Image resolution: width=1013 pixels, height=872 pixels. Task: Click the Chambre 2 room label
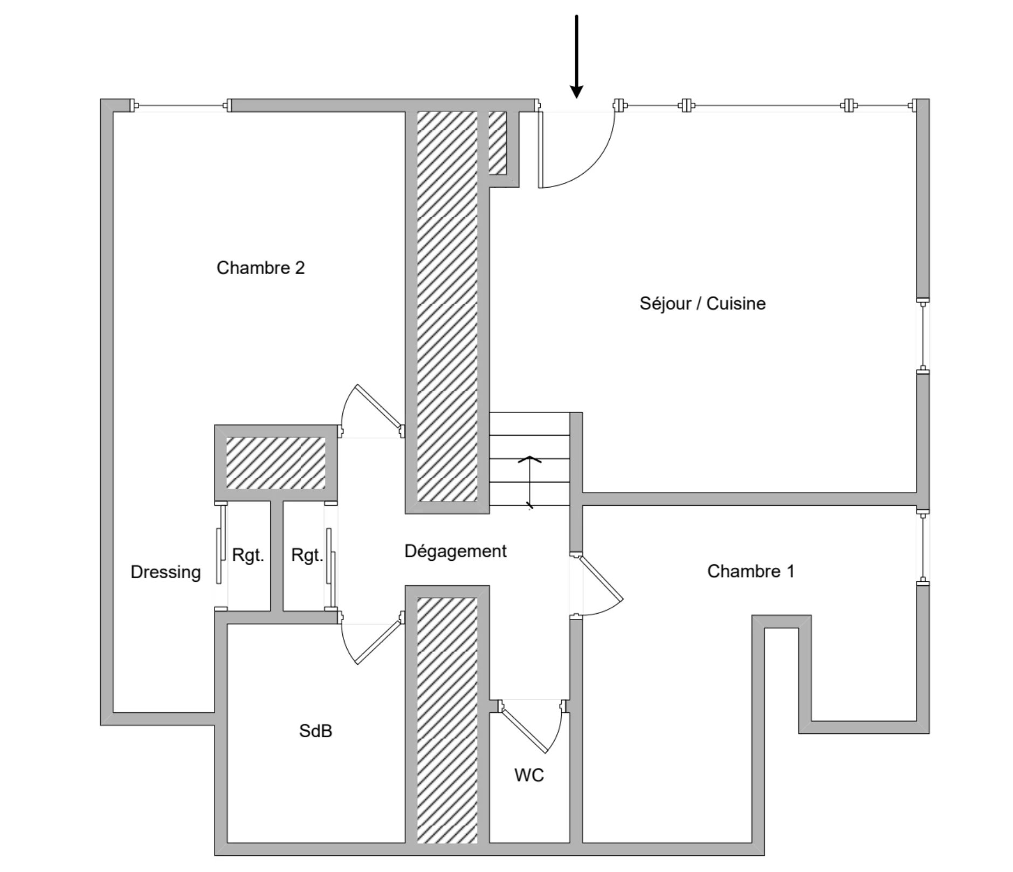(260, 267)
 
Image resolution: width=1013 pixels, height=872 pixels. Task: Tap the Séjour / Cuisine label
(702, 303)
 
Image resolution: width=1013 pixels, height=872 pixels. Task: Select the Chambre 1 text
(750, 571)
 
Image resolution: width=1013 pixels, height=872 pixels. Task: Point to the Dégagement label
(455, 551)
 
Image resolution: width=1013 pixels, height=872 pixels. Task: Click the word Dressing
(166, 572)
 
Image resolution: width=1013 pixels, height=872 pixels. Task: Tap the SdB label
(315, 731)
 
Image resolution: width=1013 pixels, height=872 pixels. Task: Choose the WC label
(529, 775)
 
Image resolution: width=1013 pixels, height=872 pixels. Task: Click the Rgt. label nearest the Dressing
(248, 555)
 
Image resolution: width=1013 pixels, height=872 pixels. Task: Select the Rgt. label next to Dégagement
(307, 555)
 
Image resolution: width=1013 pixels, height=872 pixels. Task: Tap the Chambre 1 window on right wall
(923, 548)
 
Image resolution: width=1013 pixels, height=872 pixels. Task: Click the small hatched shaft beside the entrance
(497, 142)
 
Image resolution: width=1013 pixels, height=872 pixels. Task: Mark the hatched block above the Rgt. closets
(275, 463)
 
